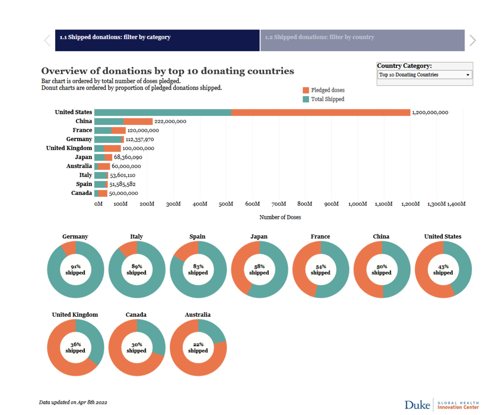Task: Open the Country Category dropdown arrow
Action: pyautogui.click(x=468, y=75)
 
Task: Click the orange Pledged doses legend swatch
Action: pyautogui.click(x=306, y=90)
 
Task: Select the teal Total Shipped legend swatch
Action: pyautogui.click(x=306, y=99)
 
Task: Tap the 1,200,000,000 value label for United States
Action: pyautogui.click(x=430, y=113)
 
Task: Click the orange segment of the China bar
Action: pyautogui.click(x=138, y=121)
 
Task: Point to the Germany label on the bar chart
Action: pyautogui.click(x=79, y=139)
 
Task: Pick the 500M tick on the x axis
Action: pyautogui.click(x=226, y=204)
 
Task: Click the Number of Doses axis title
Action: pyautogui.click(x=280, y=217)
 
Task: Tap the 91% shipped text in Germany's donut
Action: pyautogui.click(x=75, y=270)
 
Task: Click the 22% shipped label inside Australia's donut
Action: pyautogui.click(x=198, y=348)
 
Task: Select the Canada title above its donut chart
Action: pyautogui.click(x=136, y=315)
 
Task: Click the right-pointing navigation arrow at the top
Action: pyautogui.click(x=473, y=40)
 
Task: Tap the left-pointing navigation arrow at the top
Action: pyautogui.click(x=47, y=40)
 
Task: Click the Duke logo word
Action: pyautogui.click(x=417, y=405)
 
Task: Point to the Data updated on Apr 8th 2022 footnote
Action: pyautogui.click(x=73, y=402)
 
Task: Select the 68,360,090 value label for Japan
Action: pyautogui.click(x=128, y=157)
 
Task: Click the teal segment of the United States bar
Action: pyautogui.click(x=163, y=113)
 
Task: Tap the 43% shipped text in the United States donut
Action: pyautogui.click(x=443, y=270)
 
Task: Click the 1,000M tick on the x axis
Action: pyautogui.click(x=357, y=204)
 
